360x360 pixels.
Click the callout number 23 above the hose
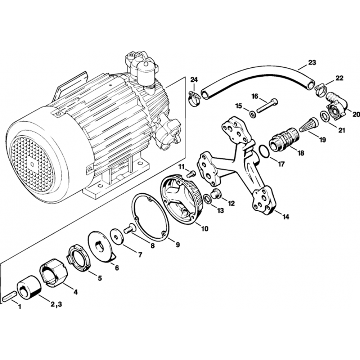coord(312,63)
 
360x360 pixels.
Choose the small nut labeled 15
coord(252,114)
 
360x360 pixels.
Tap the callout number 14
coord(285,217)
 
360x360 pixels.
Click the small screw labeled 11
coord(191,174)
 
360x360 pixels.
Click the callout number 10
coord(204,228)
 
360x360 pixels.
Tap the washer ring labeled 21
coord(324,116)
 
